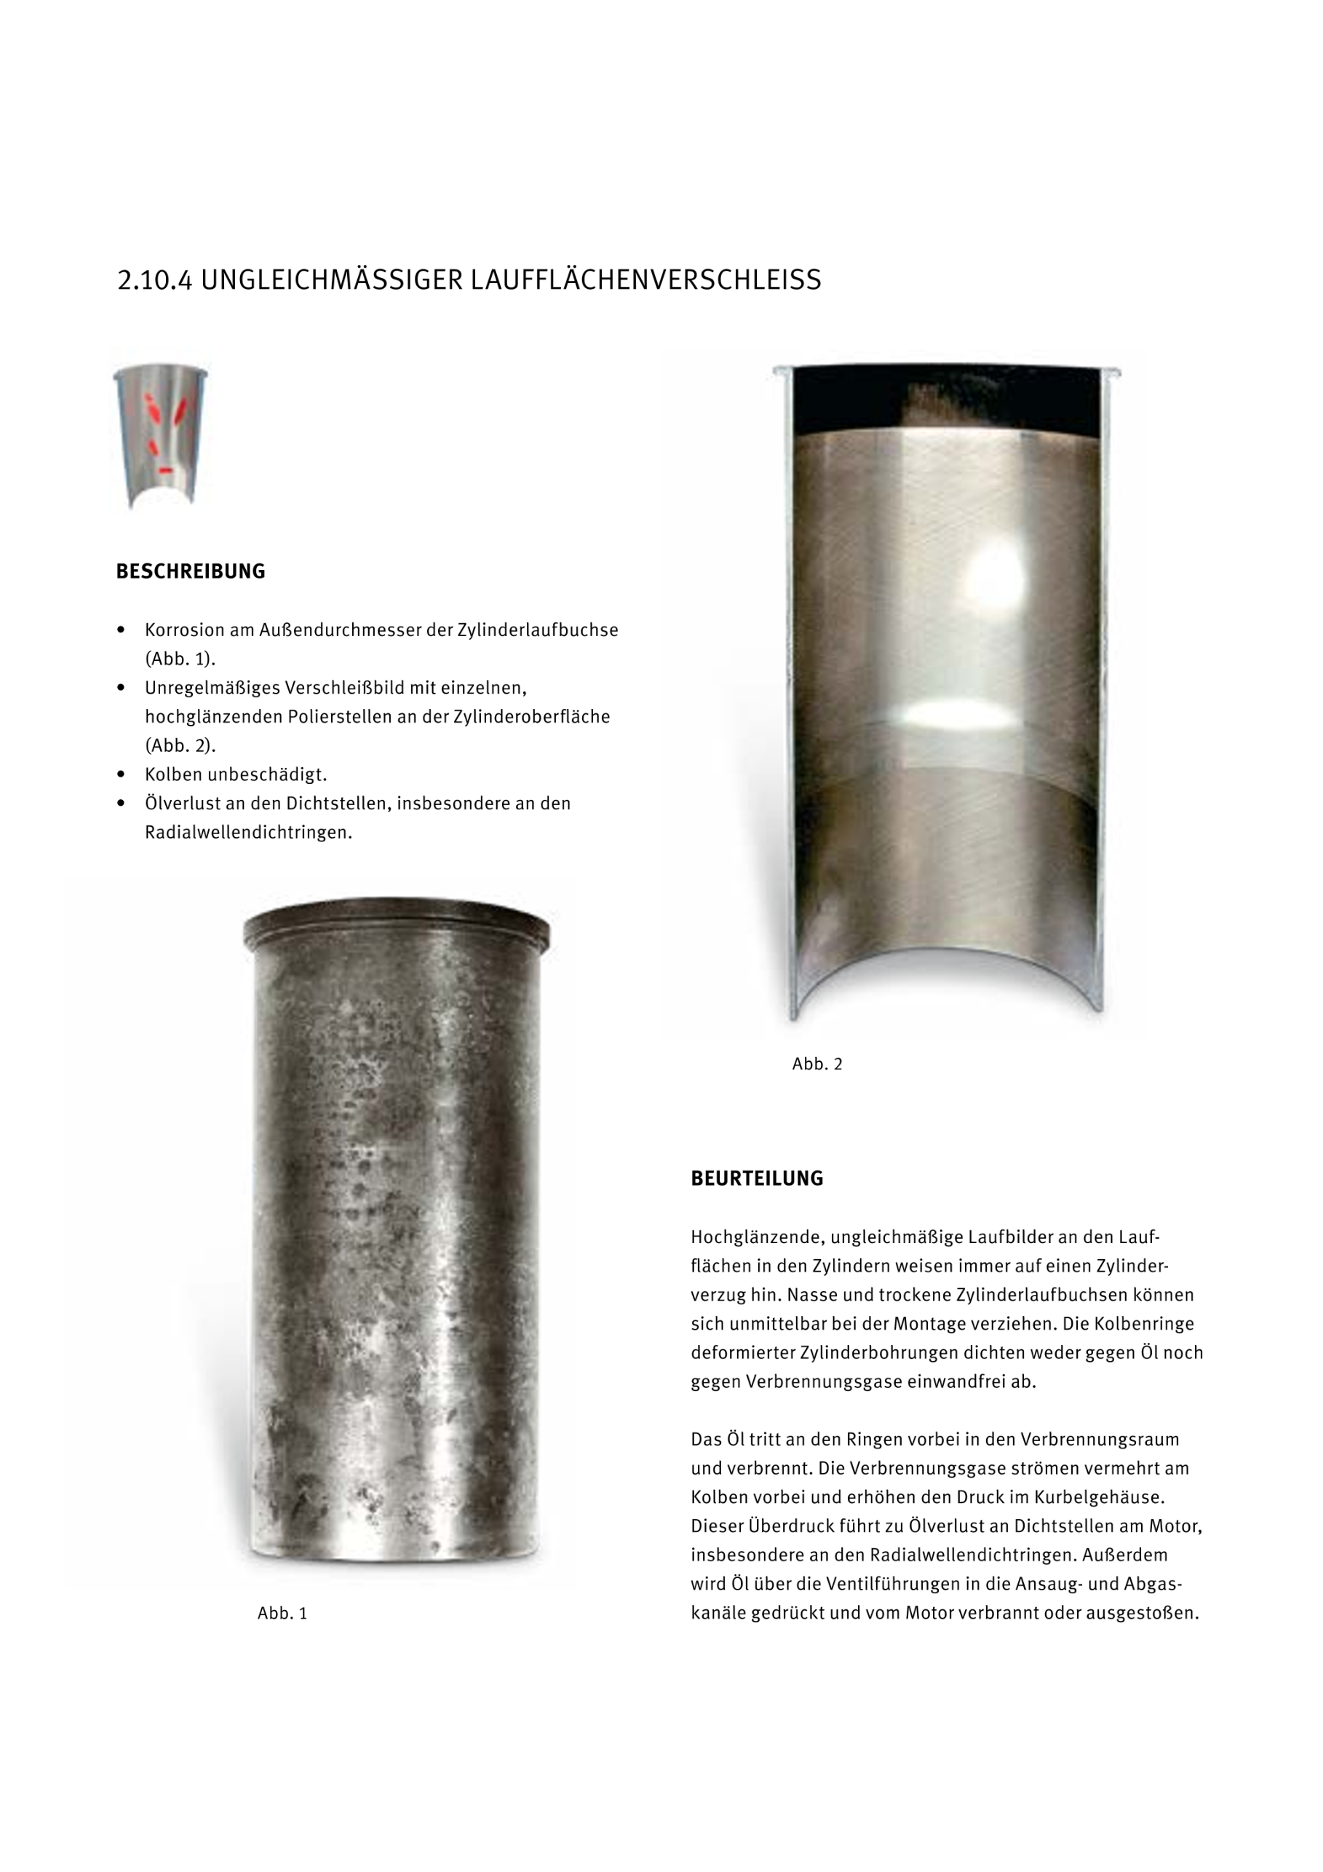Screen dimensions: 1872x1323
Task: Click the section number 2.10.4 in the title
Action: pyautogui.click(x=154, y=280)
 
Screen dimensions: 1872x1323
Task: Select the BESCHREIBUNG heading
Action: pyautogui.click(x=191, y=571)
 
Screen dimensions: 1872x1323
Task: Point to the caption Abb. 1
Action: pyautogui.click(x=282, y=1613)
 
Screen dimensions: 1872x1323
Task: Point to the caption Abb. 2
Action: pyautogui.click(x=817, y=1064)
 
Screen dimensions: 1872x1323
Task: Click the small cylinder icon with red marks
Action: pyautogui.click(x=161, y=436)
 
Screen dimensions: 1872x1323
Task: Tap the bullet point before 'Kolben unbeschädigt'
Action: pyautogui.click(x=122, y=774)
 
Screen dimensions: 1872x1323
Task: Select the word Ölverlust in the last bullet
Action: pyautogui.click(x=184, y=804)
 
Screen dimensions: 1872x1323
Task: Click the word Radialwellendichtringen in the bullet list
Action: pyautogui.click(x=248, y=833)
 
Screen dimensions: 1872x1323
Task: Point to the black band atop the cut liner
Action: pyautogui.click(x=945, y=400)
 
